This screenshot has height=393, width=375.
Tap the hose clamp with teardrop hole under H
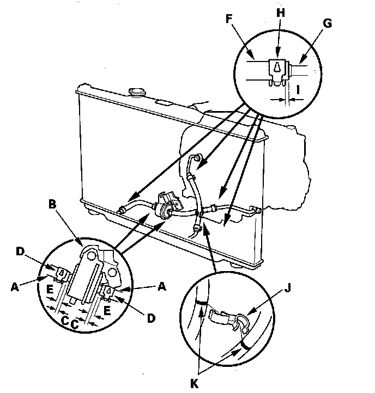coord(279,70)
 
